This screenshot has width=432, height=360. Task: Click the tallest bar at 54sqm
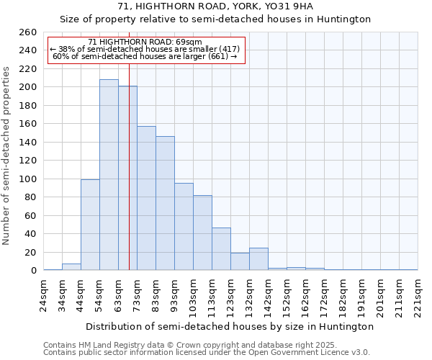[109, 175]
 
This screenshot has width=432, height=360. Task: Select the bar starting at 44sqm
[90, 225]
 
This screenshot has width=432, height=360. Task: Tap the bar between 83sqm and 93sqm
[165, 203]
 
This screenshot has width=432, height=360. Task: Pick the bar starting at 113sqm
[221, 249]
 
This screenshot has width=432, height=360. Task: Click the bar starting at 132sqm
[258, 259]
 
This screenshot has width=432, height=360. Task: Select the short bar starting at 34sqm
[71, 267]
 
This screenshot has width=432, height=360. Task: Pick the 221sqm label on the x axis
[418, 293]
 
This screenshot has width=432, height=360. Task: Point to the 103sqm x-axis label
[194, 293]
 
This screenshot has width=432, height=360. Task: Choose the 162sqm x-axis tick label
[306, 293]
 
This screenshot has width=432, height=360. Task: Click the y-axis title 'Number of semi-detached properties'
[6, 155]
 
